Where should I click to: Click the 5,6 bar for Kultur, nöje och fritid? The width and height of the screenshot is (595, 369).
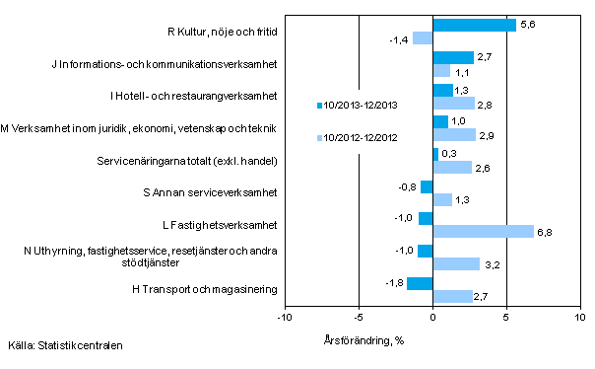coord(474,26)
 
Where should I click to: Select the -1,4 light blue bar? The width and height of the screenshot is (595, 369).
coord(422,38)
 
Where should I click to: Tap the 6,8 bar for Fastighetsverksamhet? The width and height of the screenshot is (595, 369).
coord(483,231)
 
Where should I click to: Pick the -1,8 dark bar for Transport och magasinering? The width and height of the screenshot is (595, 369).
coord(419,284)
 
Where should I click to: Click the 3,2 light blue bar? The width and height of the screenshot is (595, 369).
coord(456,263)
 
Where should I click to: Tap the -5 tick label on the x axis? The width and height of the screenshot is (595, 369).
coord(359,318)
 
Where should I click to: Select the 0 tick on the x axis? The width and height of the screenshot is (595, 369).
coord(432,318)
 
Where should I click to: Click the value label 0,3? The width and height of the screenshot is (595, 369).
coord(449,154)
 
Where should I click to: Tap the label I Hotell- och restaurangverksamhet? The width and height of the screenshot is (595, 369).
coord(194,97)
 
